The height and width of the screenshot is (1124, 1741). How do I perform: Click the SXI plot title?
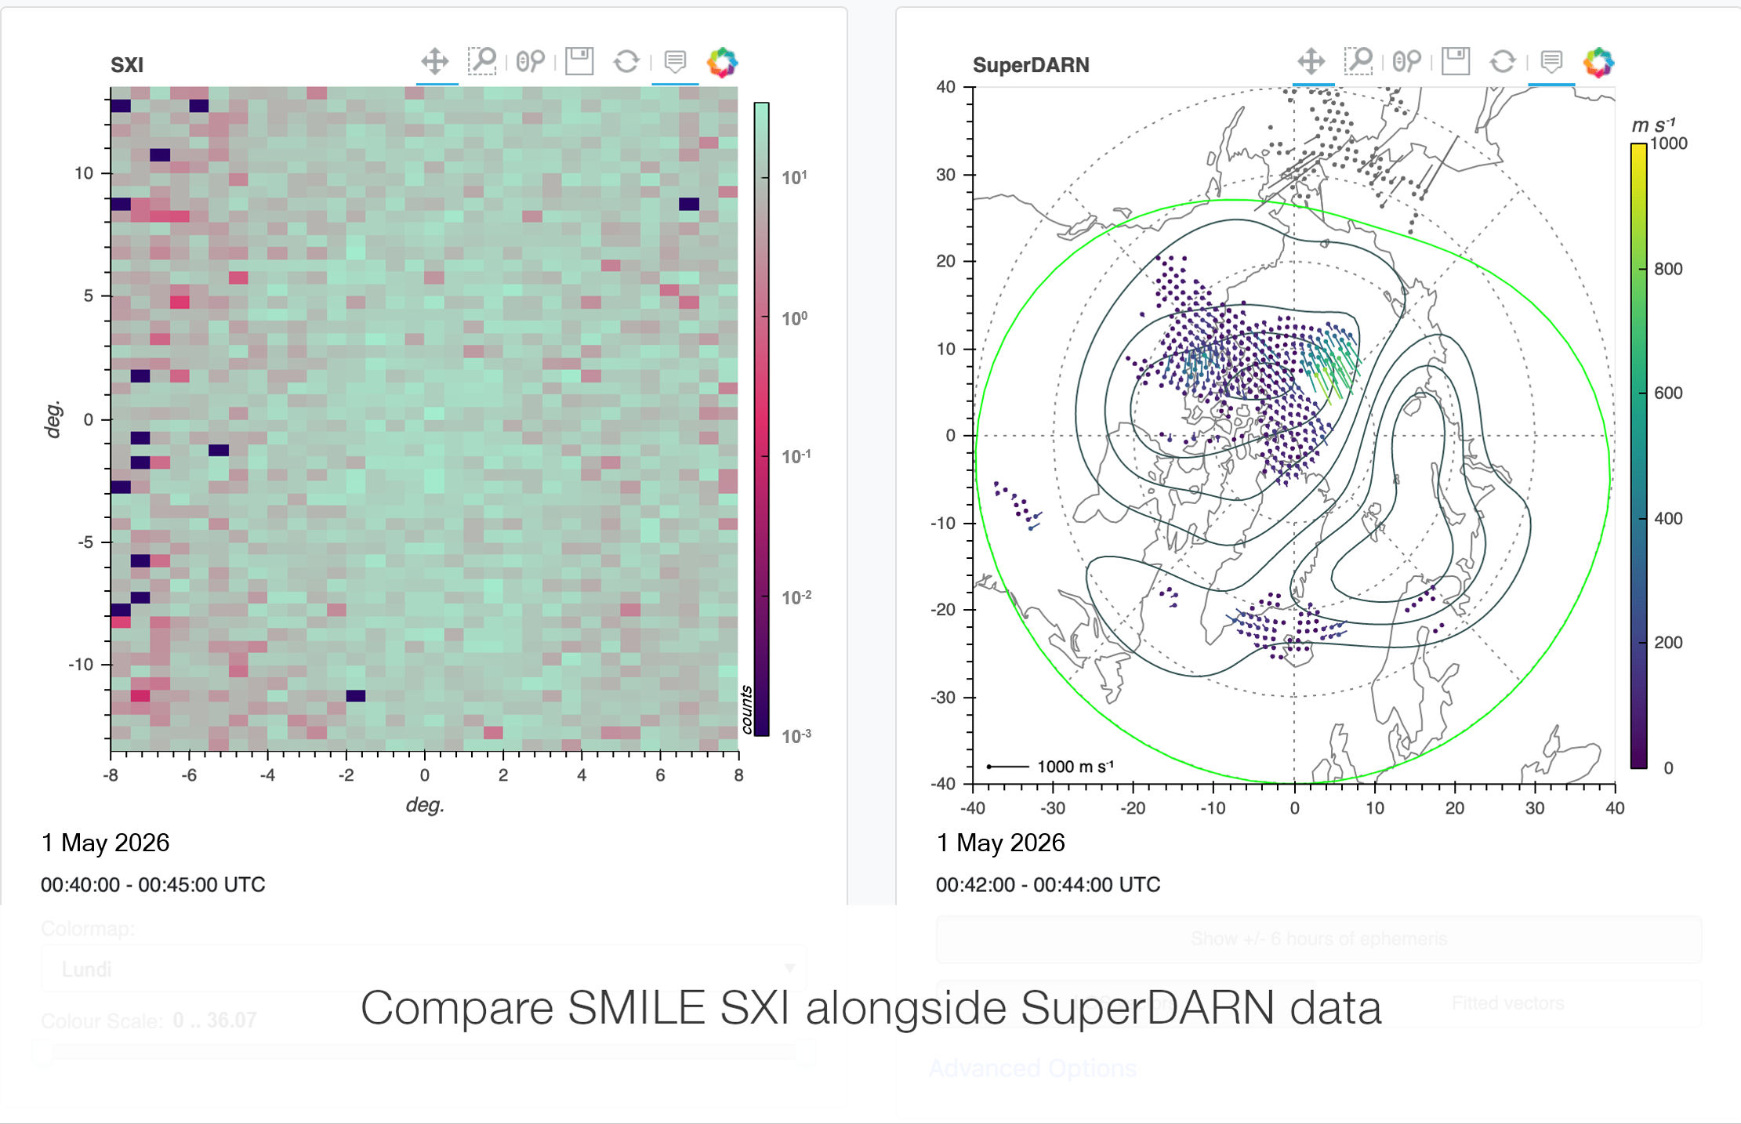pyautogui.click(x=127, y=65)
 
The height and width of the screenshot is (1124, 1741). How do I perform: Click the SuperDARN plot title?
pyautogui.click(x=1030, y=65)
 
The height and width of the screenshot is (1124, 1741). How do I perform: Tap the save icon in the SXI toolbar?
pyautogui.click(x=579, y=61)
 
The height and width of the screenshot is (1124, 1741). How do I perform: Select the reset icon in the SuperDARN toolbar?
pyautogui.click(x=1502, y=61)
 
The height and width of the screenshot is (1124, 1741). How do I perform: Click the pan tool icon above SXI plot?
pyautogui.click(x=435, y=61)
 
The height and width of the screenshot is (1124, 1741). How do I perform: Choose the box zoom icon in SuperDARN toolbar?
pyautogui.click(x=1358, y=61)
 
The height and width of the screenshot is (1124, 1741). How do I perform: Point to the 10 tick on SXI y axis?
pyautogui.click(x=85, y=173)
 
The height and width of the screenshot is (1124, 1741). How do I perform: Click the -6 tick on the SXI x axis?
pyautogui.click(x=189, y=775)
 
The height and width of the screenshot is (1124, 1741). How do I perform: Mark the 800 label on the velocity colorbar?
pyautogui.click(x=1668, y=269)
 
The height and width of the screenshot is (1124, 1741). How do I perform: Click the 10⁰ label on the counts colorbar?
pyautogui.click(x=794, y=318)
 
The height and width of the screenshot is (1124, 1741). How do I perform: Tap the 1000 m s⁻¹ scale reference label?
pyautogui.click(x=1075, y=767)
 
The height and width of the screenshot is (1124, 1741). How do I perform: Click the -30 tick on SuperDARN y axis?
pyautogui.click(x=945, y=697)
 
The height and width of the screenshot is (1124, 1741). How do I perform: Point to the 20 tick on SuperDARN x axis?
pyautogui.click(x=1455, y=808)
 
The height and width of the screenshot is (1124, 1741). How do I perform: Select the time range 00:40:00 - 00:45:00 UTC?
pyautogui.click(x=153, y=885)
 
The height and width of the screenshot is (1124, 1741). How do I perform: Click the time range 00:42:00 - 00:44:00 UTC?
pyautogui.click(x=1048, y=885)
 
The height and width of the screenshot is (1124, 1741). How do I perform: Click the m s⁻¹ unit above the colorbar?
pyautogui.click(x=1653, y=125)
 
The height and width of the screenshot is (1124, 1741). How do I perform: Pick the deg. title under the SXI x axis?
pyautogui.click(x=425, y=805)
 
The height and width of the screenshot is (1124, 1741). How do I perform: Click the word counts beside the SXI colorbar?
pyautogui.click(x=746, y=709)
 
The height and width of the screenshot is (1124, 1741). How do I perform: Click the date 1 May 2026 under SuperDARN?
pyautogui.click(x=1000, y=843)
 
